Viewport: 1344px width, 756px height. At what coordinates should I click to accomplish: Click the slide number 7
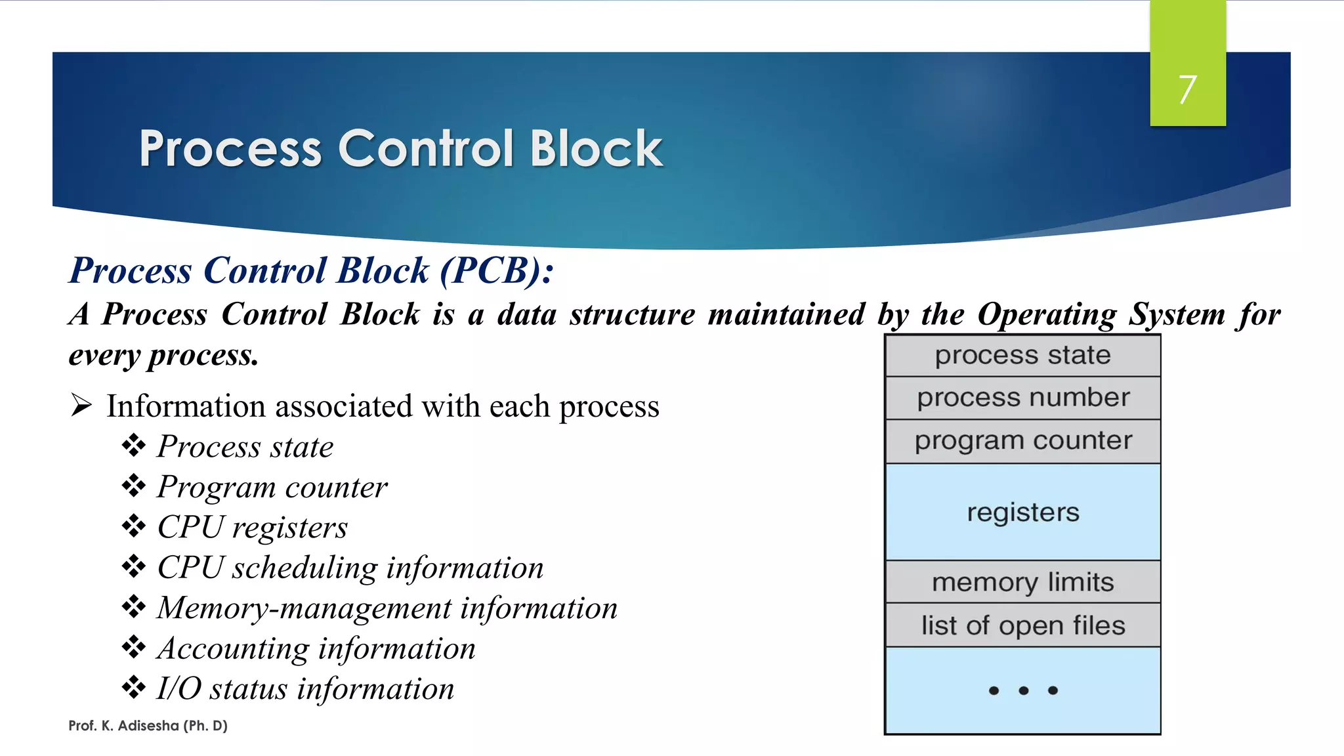point(1187,89)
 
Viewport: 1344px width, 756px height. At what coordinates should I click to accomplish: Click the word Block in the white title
point(596,149)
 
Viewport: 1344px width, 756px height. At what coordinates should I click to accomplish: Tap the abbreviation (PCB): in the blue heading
point(497,270)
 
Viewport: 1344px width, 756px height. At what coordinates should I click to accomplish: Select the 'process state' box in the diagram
point(1022,355)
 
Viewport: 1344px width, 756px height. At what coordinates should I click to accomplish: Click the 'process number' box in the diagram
point(1022,398)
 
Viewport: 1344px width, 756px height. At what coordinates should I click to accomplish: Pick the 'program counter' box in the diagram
point(1022,441)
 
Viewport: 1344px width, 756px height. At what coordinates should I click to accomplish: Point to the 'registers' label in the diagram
point(1022,512)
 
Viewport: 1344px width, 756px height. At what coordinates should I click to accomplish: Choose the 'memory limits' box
point(1022,582)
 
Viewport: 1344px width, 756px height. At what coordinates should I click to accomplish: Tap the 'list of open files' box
point(1022,625)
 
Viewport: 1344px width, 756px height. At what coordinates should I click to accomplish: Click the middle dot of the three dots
point(1023,690)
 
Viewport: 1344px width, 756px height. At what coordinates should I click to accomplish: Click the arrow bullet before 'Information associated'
point(81,406)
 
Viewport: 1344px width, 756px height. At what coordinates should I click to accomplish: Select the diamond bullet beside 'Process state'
point(134,446)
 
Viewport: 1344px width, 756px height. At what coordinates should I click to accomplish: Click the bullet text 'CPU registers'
point(252,528)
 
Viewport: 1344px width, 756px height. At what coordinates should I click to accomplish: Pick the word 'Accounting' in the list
point(233,649)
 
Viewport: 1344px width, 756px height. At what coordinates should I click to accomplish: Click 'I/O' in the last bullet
point(178,689)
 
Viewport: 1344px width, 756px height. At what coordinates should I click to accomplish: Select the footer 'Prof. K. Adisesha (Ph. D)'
point(148,726)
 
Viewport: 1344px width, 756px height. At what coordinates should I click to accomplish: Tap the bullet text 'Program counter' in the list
point(272,487)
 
